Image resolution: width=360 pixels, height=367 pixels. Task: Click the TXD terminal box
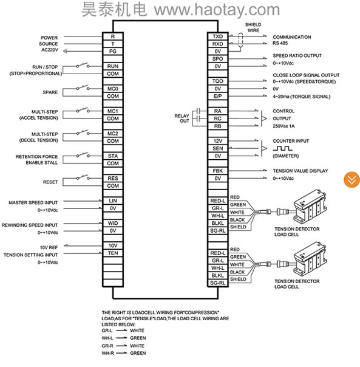point(217,36)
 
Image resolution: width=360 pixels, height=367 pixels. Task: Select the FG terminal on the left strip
point(113,51)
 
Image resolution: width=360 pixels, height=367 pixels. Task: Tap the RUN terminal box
point(113,66)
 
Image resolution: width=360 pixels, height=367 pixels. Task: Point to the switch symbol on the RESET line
point(83,177)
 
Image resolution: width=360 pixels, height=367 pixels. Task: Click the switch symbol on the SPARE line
point(83,87)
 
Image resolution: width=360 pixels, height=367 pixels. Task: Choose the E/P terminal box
point(217,96)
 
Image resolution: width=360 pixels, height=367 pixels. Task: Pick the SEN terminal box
point(217,148)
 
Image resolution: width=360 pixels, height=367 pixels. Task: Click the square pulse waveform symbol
point(282,148)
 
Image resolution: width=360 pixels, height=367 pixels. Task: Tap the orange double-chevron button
point(352,180)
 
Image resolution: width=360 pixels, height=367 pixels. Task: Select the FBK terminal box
point(217,171)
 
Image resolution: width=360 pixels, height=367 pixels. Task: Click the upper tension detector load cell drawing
point(310,208)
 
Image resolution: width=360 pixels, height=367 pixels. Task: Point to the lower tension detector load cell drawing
point(310,260)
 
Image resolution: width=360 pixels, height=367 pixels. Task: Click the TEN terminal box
point(113,253)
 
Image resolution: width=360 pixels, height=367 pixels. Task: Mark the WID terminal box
point(113,223)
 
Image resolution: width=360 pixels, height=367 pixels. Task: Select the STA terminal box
point(113,156)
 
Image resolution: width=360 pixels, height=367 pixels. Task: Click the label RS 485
point(280,43)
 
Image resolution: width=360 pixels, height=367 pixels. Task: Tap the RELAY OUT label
point(182,118)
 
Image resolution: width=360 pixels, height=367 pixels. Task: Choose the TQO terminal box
point(217,81)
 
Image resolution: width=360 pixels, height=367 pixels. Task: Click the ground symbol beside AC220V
point(66,51)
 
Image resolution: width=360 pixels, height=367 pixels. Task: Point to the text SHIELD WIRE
point(253,27)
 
